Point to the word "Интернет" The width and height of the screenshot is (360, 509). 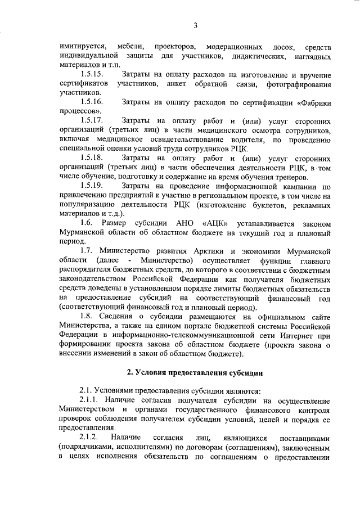[296, 335]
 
